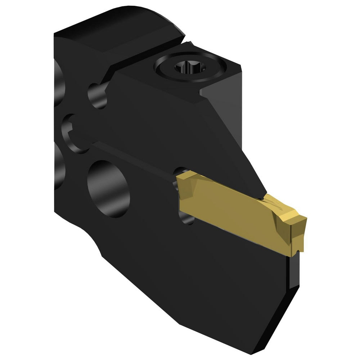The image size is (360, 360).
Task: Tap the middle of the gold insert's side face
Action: [x=230, y=212]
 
